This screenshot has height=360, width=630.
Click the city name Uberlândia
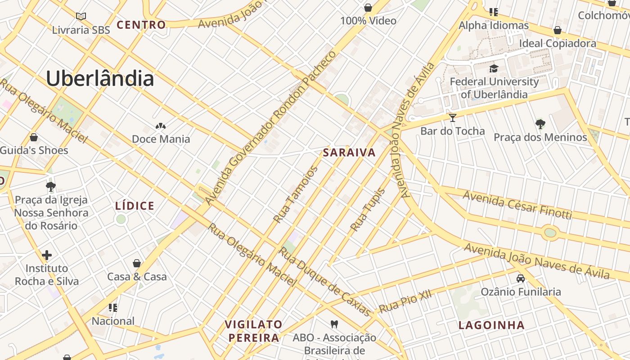[100, 79]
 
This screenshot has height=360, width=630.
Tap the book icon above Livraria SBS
[81, 17]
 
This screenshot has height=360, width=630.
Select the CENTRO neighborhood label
[141, 25]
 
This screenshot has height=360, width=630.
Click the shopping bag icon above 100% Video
[368, 8]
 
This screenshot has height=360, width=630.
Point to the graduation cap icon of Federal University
[494, 68]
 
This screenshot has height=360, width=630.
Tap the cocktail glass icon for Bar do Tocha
[453, 118]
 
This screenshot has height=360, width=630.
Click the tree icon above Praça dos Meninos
[540, 124]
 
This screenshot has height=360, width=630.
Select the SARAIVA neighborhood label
[349, 153]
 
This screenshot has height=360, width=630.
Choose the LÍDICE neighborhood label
[135, 206]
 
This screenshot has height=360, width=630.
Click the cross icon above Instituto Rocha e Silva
[47, 255]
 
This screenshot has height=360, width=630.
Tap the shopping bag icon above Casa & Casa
[137, 263]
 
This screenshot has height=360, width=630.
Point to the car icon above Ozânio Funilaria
[521, 279]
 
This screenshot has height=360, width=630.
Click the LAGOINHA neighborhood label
[491, 325]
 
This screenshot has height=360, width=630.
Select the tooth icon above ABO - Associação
[334, 324]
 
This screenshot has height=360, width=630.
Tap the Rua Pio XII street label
[405, 301]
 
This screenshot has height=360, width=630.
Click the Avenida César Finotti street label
[517, 205]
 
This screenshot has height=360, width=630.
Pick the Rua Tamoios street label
[296, 194]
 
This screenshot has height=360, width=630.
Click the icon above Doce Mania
[161, 126]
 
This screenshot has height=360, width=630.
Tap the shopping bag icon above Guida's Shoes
[33, 137]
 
